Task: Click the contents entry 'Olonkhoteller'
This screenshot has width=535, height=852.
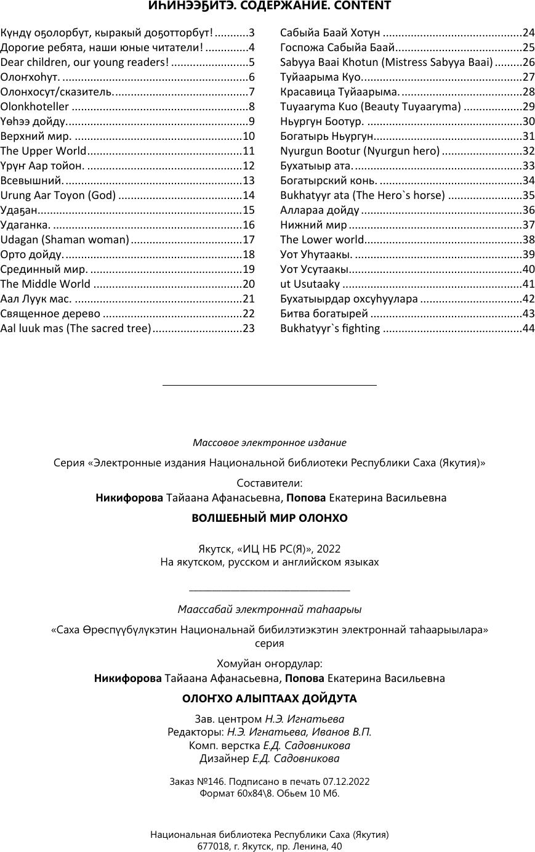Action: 34,107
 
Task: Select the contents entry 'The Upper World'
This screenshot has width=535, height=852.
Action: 44,151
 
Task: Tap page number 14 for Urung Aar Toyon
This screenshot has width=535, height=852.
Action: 249,195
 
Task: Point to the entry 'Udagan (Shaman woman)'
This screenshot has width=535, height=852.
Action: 65,240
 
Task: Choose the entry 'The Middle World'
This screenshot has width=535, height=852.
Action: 46,284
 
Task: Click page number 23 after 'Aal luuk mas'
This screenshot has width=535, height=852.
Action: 249,328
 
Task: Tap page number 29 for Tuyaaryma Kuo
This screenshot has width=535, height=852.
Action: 528,107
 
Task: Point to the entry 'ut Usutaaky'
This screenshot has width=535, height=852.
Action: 310,284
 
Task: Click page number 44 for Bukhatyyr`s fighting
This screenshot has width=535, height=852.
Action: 528,328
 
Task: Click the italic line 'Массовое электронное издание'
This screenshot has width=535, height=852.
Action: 270,443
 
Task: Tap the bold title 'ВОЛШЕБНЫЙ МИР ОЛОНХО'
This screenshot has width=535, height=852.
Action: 270,518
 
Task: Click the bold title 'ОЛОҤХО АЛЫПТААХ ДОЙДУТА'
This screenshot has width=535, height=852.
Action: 270,699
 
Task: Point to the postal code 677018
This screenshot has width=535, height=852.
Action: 212,846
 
